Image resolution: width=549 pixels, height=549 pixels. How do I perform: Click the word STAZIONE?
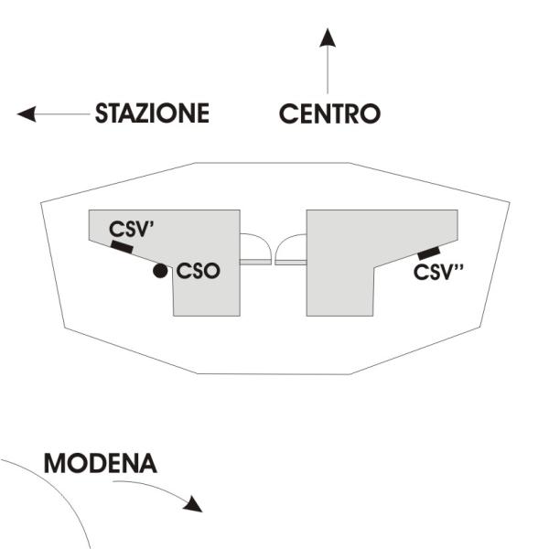click(152, 114)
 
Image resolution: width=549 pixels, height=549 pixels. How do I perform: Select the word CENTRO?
click(328, 114)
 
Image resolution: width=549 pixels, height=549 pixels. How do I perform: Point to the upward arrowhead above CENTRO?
click(328, 38)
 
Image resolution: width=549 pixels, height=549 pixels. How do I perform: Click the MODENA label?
click(100, 463)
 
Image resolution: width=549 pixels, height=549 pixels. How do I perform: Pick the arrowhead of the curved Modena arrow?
click(191, 504)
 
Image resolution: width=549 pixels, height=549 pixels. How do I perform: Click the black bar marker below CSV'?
click(122, 246)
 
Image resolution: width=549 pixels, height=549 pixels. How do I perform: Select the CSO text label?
click(199, 272)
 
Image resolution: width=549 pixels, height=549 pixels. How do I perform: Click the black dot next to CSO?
click(161, 271)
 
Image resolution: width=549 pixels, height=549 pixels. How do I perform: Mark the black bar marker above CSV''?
click(427, 253)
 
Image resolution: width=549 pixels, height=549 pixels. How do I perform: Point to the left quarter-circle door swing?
click(253, 247)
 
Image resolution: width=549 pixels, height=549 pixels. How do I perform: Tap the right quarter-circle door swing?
click(293, 247)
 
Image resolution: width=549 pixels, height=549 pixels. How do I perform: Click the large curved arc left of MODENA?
click(64, 494)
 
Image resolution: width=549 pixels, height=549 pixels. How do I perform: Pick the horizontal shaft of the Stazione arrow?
click(64, 114)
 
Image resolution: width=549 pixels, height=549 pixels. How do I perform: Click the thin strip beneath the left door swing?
click(255, 262)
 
